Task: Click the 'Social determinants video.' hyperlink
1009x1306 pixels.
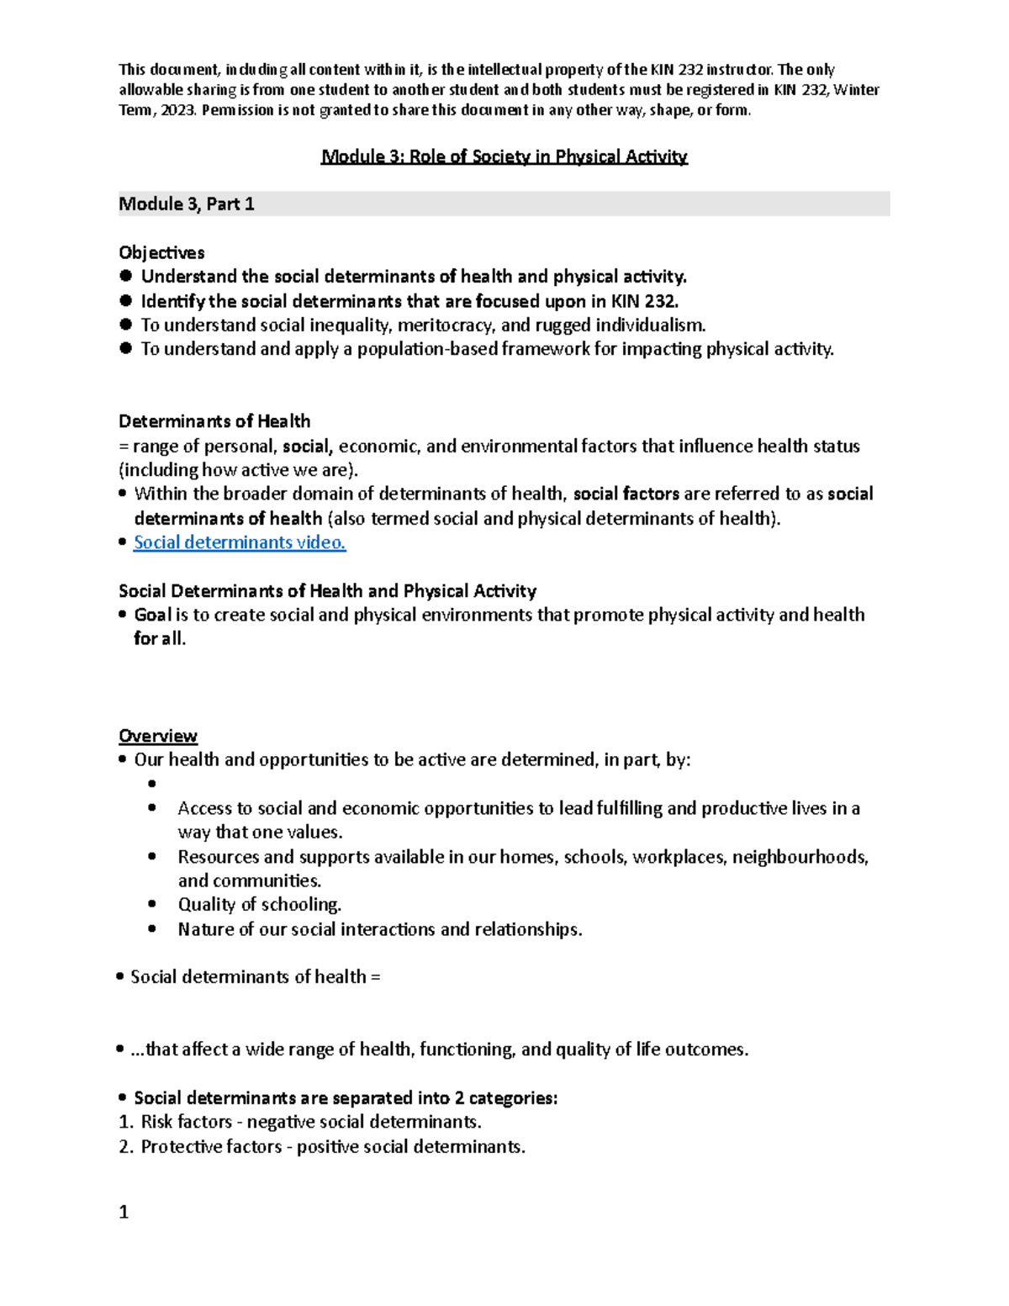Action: (x=240, y=542)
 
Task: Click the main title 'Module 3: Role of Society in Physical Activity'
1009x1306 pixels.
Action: (x=504, y=156)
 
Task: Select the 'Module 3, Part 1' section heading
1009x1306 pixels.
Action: (x=187, y=204)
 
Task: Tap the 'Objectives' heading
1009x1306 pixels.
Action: (x=161, y=252)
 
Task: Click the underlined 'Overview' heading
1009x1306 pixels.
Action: (x=158, y=736)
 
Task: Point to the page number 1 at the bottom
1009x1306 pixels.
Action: (x=124, y=1212)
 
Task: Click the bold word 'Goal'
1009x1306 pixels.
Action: (x=153, y=615)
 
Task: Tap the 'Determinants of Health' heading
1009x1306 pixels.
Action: (x=214, y=421)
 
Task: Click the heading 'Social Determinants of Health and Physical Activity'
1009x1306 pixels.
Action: (x=327, y=591)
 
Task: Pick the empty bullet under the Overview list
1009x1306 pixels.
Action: (x=152, y=784)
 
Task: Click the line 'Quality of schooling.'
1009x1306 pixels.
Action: (x=259, y=905)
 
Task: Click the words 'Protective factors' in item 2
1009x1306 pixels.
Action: (x=211, y=1147)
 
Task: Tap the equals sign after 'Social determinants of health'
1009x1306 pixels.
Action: (x=375, y=977)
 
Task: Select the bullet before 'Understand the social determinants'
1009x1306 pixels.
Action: (x=126, y=277)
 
